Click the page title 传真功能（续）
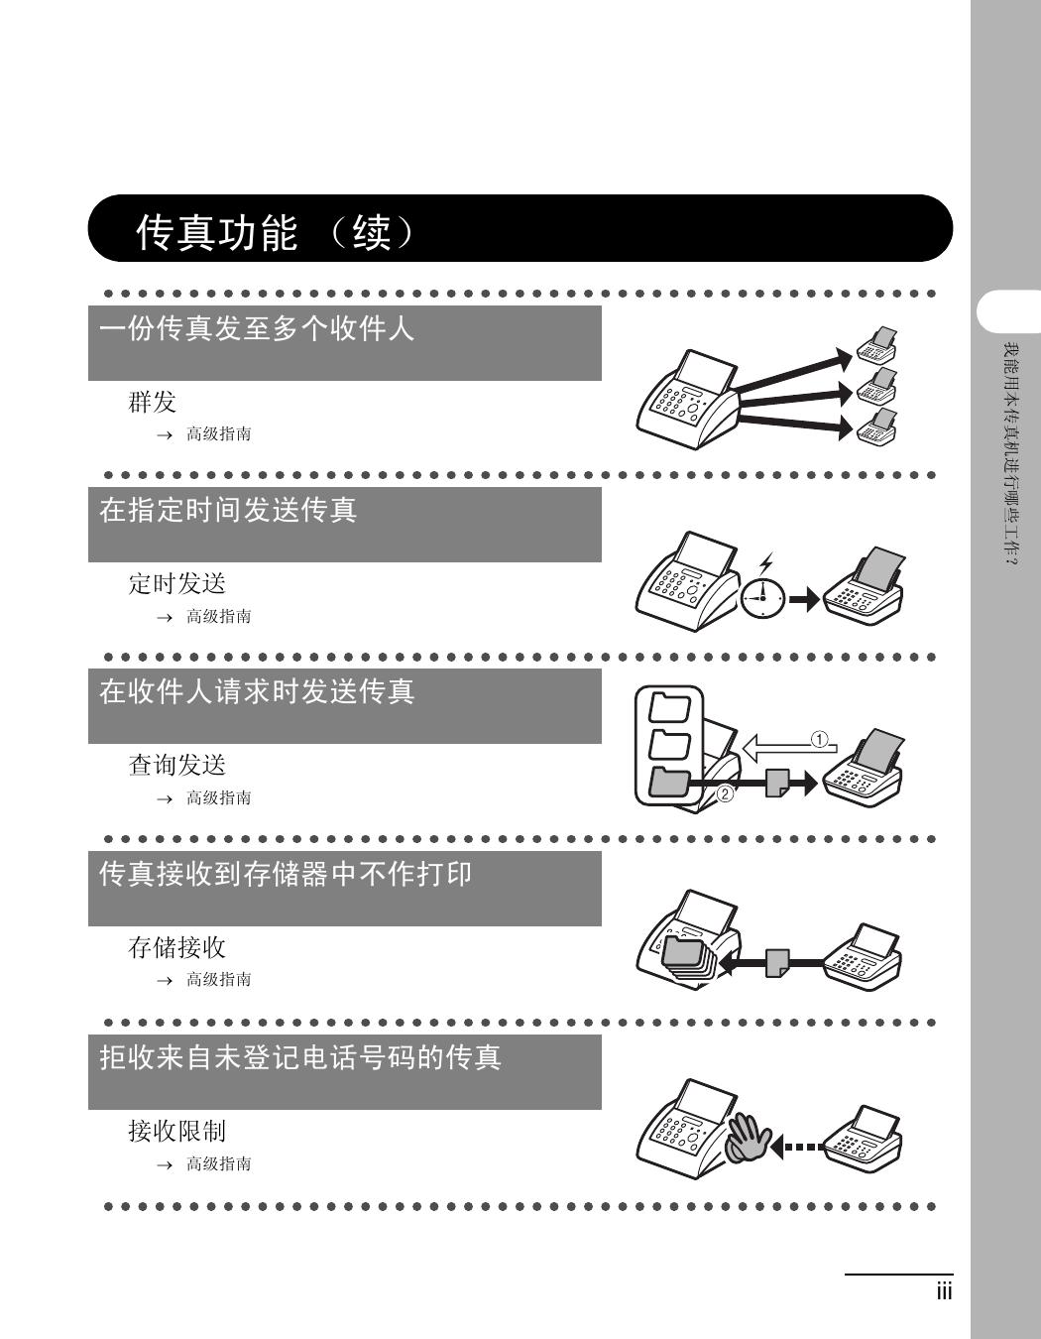point(276,232)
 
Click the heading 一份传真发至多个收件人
point(257,328)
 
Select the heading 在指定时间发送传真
point(228,510)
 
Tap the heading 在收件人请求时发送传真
point(257,691)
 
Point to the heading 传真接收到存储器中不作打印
point(286,874)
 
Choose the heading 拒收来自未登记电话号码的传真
point(300,1057)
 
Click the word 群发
point(152,403)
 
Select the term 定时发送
point(177,583)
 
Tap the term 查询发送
point(177,766)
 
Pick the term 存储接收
point(177,947)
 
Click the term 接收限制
point(177,1131)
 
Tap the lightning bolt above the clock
point(765,563)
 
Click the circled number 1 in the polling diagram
point(819,739)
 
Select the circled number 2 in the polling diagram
point(725,793)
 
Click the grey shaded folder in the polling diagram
point(669,784)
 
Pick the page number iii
point(944,1291)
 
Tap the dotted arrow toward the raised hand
point(796,1148)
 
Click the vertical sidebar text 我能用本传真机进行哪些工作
point(1011,454)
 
